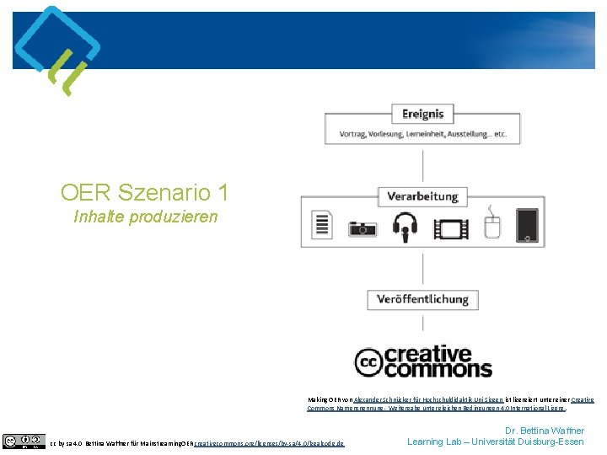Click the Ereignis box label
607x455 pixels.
pyautogui.click(x=422, y=114)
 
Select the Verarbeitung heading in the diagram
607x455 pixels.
pyautogui.click(x=422, y=197)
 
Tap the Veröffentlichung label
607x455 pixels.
pyautogui.click(x=422, y=299)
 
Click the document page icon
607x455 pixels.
pyautogui.click(x=320, y=227)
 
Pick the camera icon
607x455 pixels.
pyautogui.click(x=363, y=228)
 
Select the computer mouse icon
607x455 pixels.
pyautogui.click(x=492, y=227)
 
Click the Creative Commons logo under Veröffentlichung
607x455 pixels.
pyautogui.click(x=423, y=361)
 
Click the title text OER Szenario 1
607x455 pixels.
pyautogui.click(x=144, y=192)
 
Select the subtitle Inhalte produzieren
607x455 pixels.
pyautogui.click(x=145, y=217)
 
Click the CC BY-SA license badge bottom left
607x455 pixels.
pyautogui.click(x=24, y=441)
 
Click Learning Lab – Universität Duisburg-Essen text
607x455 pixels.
pyautogui.click(x=495, y=442)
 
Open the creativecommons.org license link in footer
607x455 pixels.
pyautogui.click(x=268, y=443)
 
